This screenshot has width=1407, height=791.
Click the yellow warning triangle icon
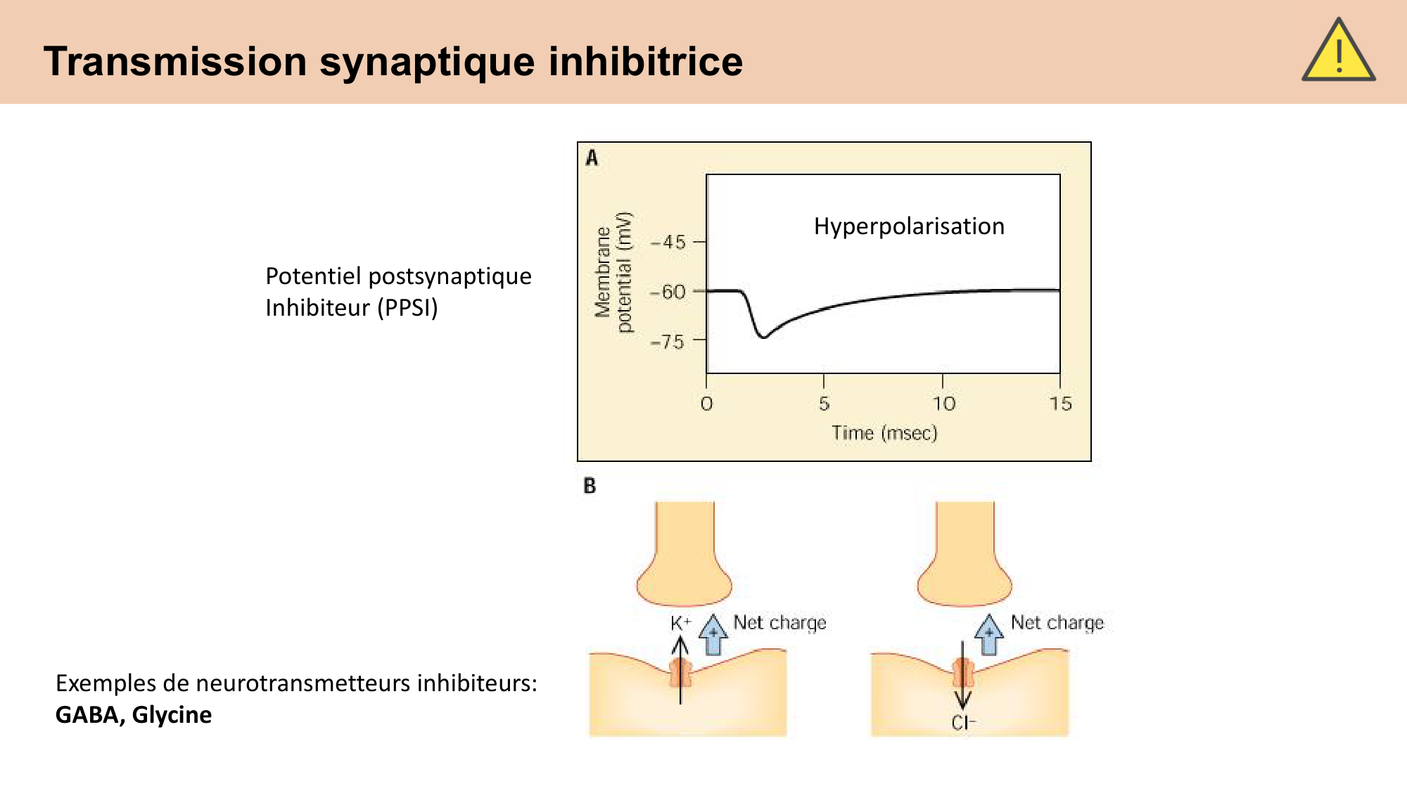[x=1338, y=53]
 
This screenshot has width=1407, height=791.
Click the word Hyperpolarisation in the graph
[x=909, y=226]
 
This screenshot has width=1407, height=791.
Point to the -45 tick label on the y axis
[x=668, y=243]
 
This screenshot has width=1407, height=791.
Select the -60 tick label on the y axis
[x=668, y=292]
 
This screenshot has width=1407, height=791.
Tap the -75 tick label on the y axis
[x=668, y=342]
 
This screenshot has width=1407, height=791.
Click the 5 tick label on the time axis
[x=824, y=404]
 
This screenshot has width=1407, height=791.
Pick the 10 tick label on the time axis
[x=944, y=404]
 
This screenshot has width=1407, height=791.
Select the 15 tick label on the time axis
[x=1060, y=404]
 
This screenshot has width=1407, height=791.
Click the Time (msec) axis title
[x=884, y=433]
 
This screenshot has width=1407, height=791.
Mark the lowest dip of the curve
[x=763, y=337]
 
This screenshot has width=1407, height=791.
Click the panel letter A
[x=592, y=158]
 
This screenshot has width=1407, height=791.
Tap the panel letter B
[x=590, y=486]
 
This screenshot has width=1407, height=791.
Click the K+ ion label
[x=680, y=623]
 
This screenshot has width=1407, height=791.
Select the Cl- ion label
[x=963, y=723]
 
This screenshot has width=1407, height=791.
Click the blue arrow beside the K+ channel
[x=713, y=634]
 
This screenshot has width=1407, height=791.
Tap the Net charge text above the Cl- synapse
[x=1057, y=623]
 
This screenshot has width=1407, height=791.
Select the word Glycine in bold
[x=172, y=715]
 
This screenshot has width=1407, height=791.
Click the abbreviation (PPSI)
[x=407, y=308]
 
